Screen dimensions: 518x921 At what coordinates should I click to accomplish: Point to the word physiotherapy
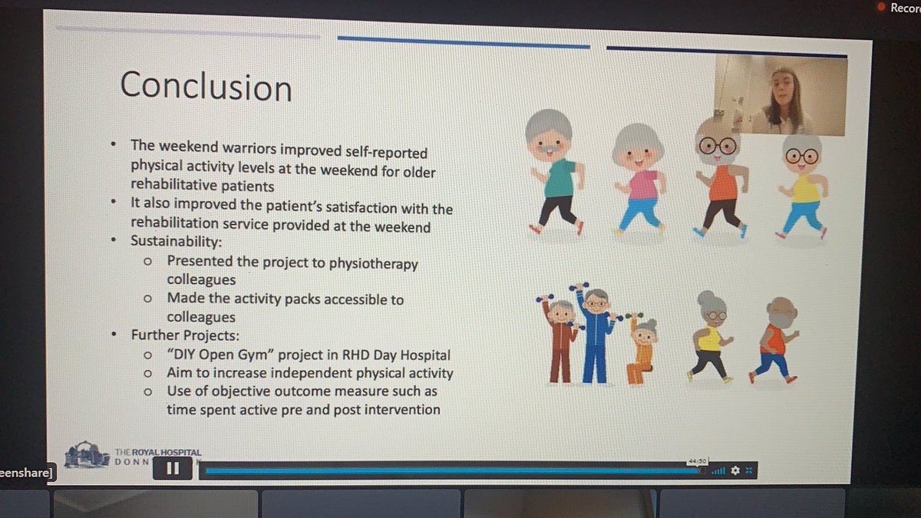pyautogui.click(x=372, y=263)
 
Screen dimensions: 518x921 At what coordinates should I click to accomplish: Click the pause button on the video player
pyautogui.click(x=173, y=467)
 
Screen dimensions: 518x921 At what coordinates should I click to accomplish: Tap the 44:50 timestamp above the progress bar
pyautogui.click(x=697, y=461)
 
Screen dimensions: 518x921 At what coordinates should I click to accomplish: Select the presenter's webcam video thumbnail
pyautogui.click(x=780, y=95)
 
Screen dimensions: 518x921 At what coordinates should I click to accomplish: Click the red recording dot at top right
pyautogui.click(x=881, y=8)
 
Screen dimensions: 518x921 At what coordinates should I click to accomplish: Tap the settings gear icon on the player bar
pyautogui.click(x=735, y=470)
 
